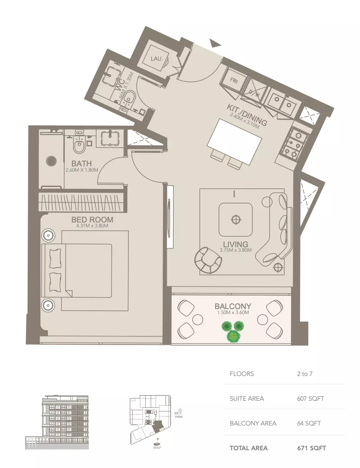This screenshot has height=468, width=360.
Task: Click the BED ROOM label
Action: (x=92, y=220)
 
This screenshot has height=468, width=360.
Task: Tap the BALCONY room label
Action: (x=233, y=306)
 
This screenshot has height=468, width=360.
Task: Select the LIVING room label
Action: (x=235, y=244)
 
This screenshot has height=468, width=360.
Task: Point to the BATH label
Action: (x=81, y=163)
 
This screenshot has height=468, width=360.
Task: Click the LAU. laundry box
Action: (x=157, y=59)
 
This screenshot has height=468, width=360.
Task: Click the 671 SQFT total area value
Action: (x=312, y=448)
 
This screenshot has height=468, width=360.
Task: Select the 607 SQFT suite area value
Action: (x=310, y=398)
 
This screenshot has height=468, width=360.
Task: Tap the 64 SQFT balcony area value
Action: (x=309, y=423)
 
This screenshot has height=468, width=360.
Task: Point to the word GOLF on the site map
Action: (x=157, y=447)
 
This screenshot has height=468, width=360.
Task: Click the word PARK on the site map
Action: (x=178, y=416)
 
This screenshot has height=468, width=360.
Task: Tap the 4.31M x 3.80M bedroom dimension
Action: (x=92, y=226)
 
